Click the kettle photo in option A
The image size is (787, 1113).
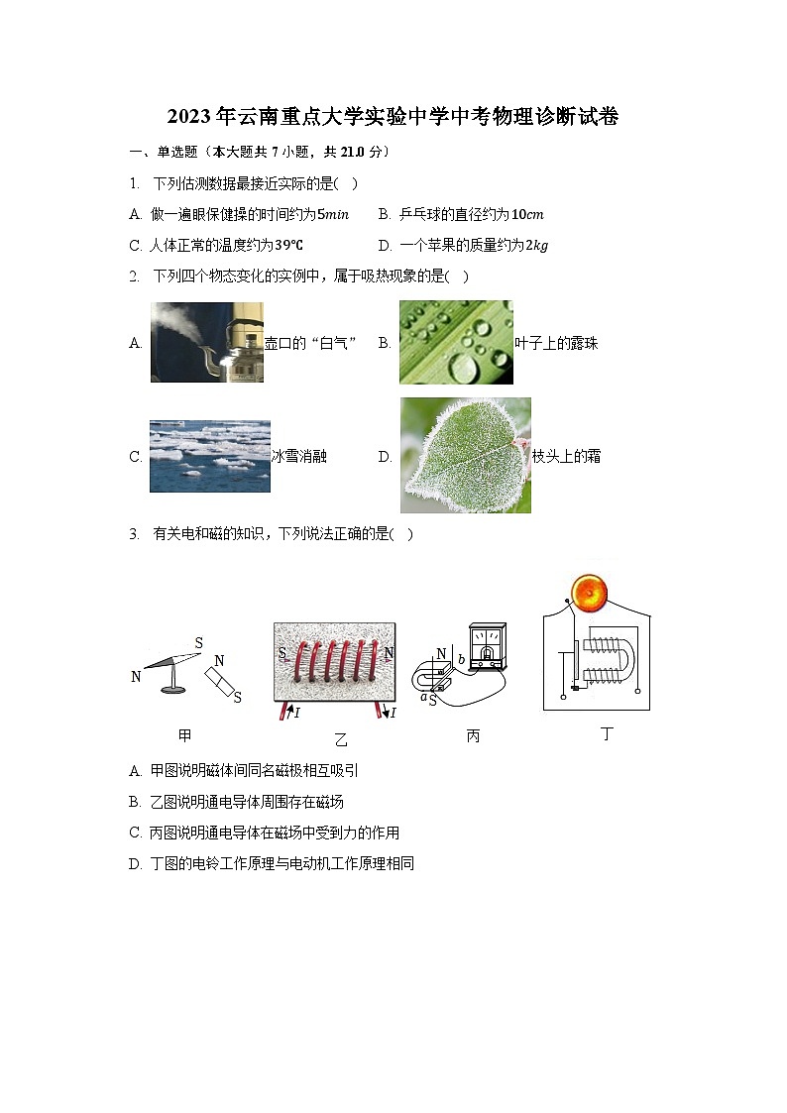(x=206, y=343)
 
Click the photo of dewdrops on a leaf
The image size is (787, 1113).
(x=456, y=343)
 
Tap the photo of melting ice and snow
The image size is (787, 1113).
(x=209, y=456)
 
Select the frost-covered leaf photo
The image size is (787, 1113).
(x=465, y=456)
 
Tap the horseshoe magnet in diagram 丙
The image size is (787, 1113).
(x=438, y=674)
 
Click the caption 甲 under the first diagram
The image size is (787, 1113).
(x=184, y=735)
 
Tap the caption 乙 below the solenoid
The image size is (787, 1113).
(x=341, y=739)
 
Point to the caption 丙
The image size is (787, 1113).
(x=473, y=736)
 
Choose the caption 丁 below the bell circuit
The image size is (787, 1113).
(x=608, y=734)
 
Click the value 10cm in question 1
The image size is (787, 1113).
(x=527, y=214)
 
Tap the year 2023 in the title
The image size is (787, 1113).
(x=184, y=117)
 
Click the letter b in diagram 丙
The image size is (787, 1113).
(x=461, y=659)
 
